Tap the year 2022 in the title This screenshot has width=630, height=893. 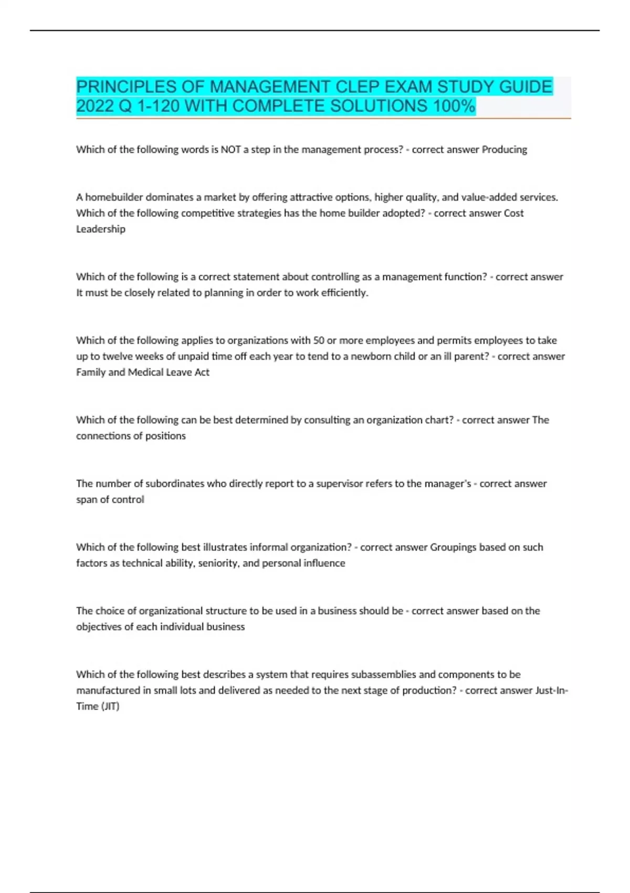pos(96,106)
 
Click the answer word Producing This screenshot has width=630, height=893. pos(505,150)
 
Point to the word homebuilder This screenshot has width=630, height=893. pos(114,198)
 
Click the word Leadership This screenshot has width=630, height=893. pos(101,229)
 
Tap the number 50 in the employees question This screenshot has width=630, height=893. pos(318,340)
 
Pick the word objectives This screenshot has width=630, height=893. pos(98,627)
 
